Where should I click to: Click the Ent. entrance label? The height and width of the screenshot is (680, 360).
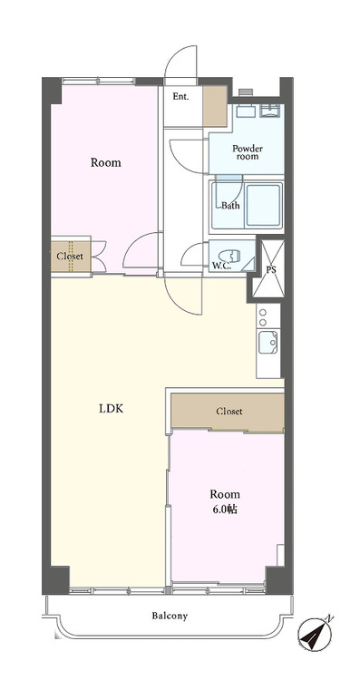pos(180,97)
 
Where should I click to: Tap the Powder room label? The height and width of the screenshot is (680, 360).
pos(248,152)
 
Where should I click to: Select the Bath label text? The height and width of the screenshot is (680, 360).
pos(230,206)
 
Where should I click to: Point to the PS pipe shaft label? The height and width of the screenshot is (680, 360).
pos(270,270)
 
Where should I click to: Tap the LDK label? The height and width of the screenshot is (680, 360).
pos(112,408)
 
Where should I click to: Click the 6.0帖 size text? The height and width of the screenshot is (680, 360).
pos(225,510)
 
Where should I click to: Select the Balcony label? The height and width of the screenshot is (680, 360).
pos(170,616)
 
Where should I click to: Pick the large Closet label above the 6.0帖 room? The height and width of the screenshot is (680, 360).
pos(229,411)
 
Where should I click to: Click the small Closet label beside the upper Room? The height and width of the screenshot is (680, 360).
pos(70,257)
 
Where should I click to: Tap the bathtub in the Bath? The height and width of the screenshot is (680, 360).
pos(263,205)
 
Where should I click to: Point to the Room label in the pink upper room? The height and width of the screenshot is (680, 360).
pos(106,163)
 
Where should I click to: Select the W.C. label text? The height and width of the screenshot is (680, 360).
pos(221,266)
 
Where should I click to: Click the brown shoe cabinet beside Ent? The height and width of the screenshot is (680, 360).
pos(215,106)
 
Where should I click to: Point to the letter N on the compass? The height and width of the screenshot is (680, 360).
pos(330,618)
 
